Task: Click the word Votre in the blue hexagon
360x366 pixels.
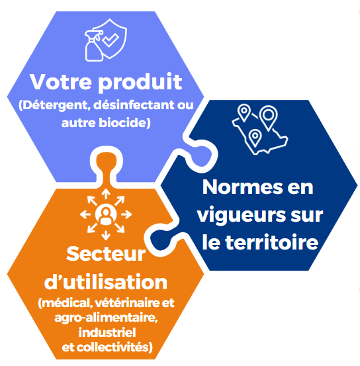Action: [x=61, y=81]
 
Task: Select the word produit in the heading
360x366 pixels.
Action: [x=140, y=83]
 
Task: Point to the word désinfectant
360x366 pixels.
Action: [x=134, y=105]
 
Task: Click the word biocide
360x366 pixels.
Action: [x=123, y=122]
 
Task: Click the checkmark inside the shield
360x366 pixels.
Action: [x=111, y=40]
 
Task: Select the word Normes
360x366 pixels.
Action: [x=243, y=187]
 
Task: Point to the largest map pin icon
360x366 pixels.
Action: [x=269, y=117]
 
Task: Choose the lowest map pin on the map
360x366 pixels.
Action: [x=255, y=138]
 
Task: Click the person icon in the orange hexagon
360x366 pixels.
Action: [x=106, y=214]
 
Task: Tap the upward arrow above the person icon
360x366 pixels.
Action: [x=106, y=194]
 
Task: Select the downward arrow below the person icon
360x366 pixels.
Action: [x=106, y=235]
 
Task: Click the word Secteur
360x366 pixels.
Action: [x=106, y=254]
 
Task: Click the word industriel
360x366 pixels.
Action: [x=107, y=332]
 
